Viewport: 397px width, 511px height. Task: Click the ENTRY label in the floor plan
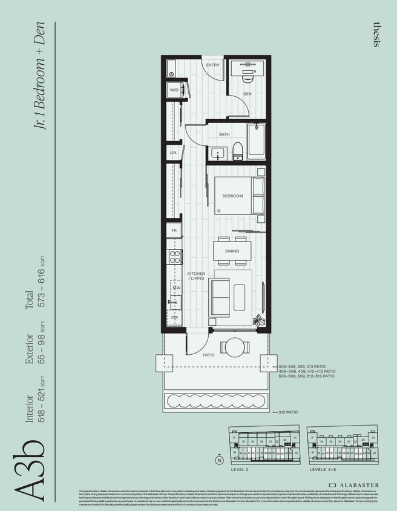point(212,65)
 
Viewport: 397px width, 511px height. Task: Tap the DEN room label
point(247,94)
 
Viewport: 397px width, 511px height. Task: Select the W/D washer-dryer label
point(174,90)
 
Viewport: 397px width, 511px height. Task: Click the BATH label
point(224,134)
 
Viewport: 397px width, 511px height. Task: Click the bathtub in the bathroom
point(256,141)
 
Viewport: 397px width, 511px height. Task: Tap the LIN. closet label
point(174,153)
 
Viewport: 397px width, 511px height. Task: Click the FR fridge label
point(174,231)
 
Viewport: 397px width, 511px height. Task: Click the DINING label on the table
point(232,251)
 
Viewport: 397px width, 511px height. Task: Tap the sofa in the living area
point(220,297)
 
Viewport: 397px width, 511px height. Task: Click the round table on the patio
point(233,348)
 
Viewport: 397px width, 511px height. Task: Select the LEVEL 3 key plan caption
point(240,469)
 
